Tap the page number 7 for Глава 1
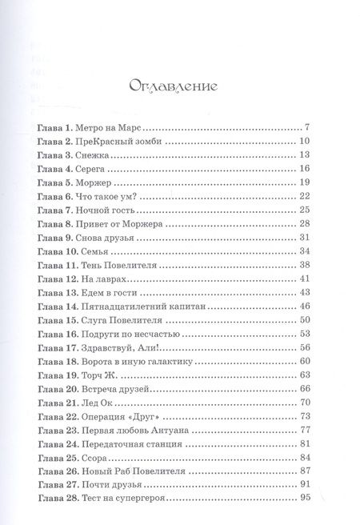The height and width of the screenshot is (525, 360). tap(318, 127)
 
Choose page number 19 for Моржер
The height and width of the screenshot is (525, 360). tap(316, 183)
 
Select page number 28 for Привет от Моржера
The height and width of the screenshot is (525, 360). tap(316, 225)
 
